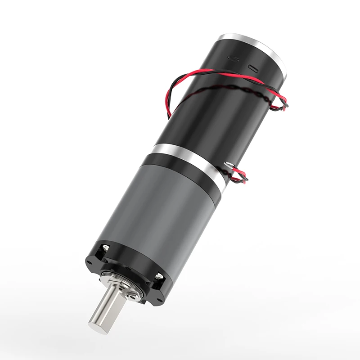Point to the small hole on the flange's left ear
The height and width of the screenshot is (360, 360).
pyautogui.click(x=89, y=260)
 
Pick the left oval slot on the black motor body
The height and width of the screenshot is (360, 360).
pyautogui.click(x=234, y=58)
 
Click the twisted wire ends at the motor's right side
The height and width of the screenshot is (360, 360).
pyautogui.click(x=282, y=104)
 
